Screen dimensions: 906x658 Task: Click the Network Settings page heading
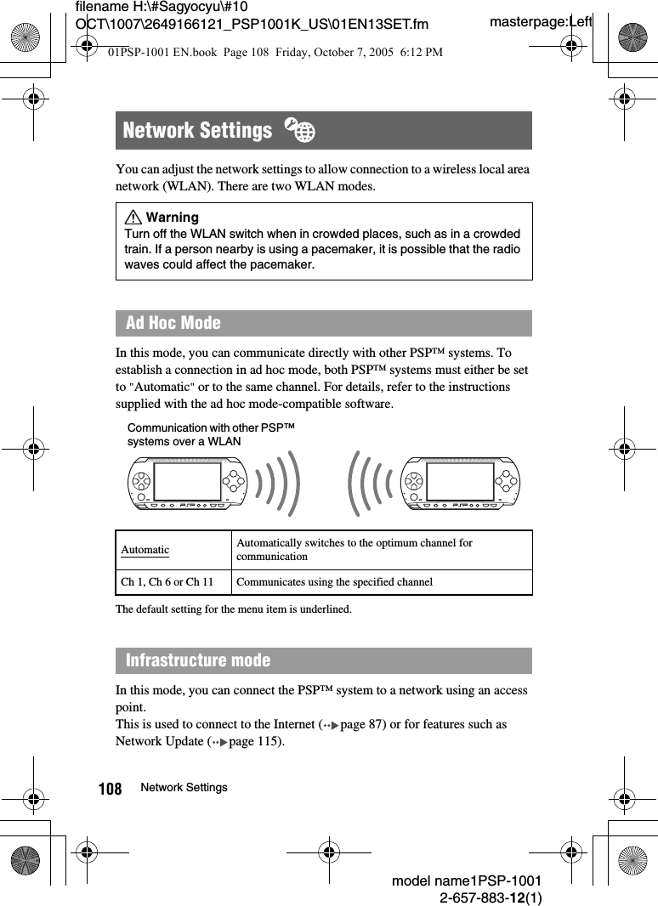click(x=197, y=131)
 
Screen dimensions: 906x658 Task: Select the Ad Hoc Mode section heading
click(x=173, y=323)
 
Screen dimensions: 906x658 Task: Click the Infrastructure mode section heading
click(x=198, y=660)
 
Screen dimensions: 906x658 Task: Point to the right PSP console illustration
click(x=460, y=482)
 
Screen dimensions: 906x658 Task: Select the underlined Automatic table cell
click(x=145, y=550)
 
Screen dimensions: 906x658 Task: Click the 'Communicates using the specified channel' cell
click(x=334, y=582)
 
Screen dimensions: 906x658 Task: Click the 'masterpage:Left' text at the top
click(x=541, y=21)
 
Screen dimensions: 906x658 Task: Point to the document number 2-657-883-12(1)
click(x=491, y=898)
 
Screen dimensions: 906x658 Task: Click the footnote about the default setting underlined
click(x=233, y=609)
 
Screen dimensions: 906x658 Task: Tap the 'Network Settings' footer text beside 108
click(x=184, y=788)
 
